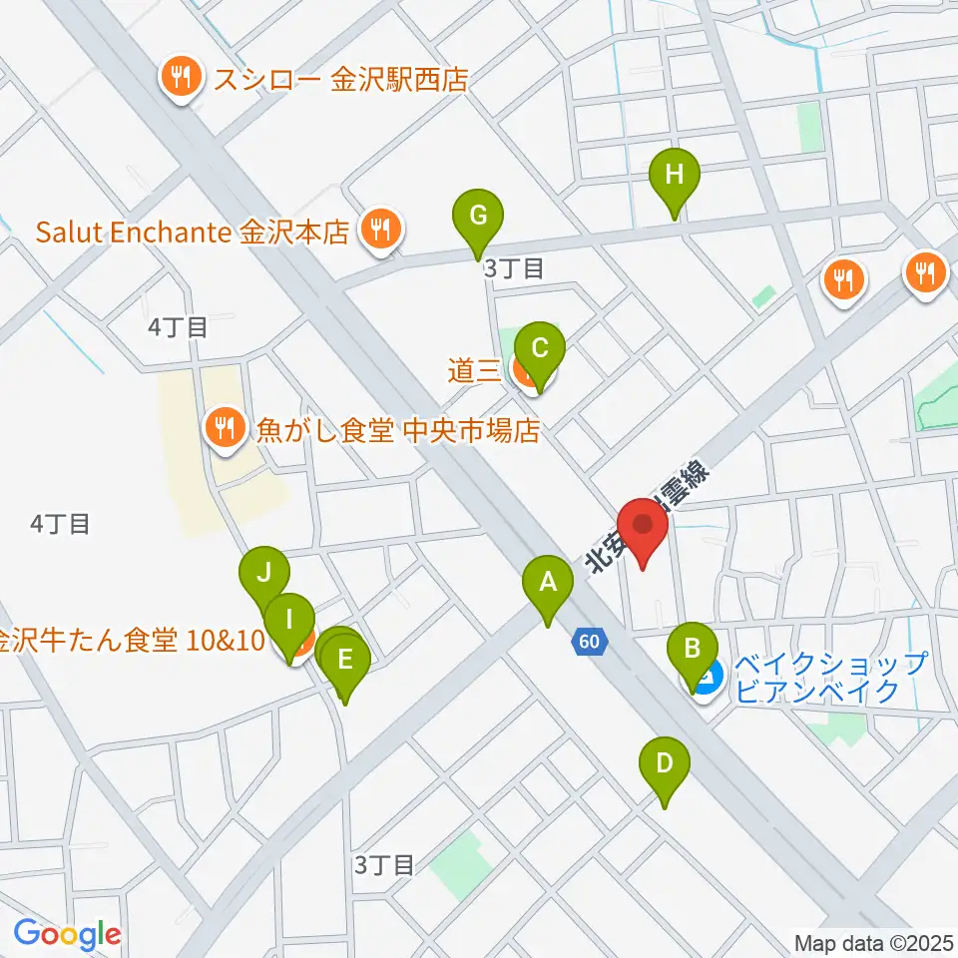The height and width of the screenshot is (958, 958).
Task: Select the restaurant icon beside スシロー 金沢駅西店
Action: click(181, 79)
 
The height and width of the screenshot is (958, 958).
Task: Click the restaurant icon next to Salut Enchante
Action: click(379, 229)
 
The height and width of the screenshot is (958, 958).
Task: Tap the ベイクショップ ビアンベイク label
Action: click(830, 677)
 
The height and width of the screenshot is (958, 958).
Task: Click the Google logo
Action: click(67, 934)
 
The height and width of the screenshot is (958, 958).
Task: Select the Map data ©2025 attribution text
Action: click(875, 941)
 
